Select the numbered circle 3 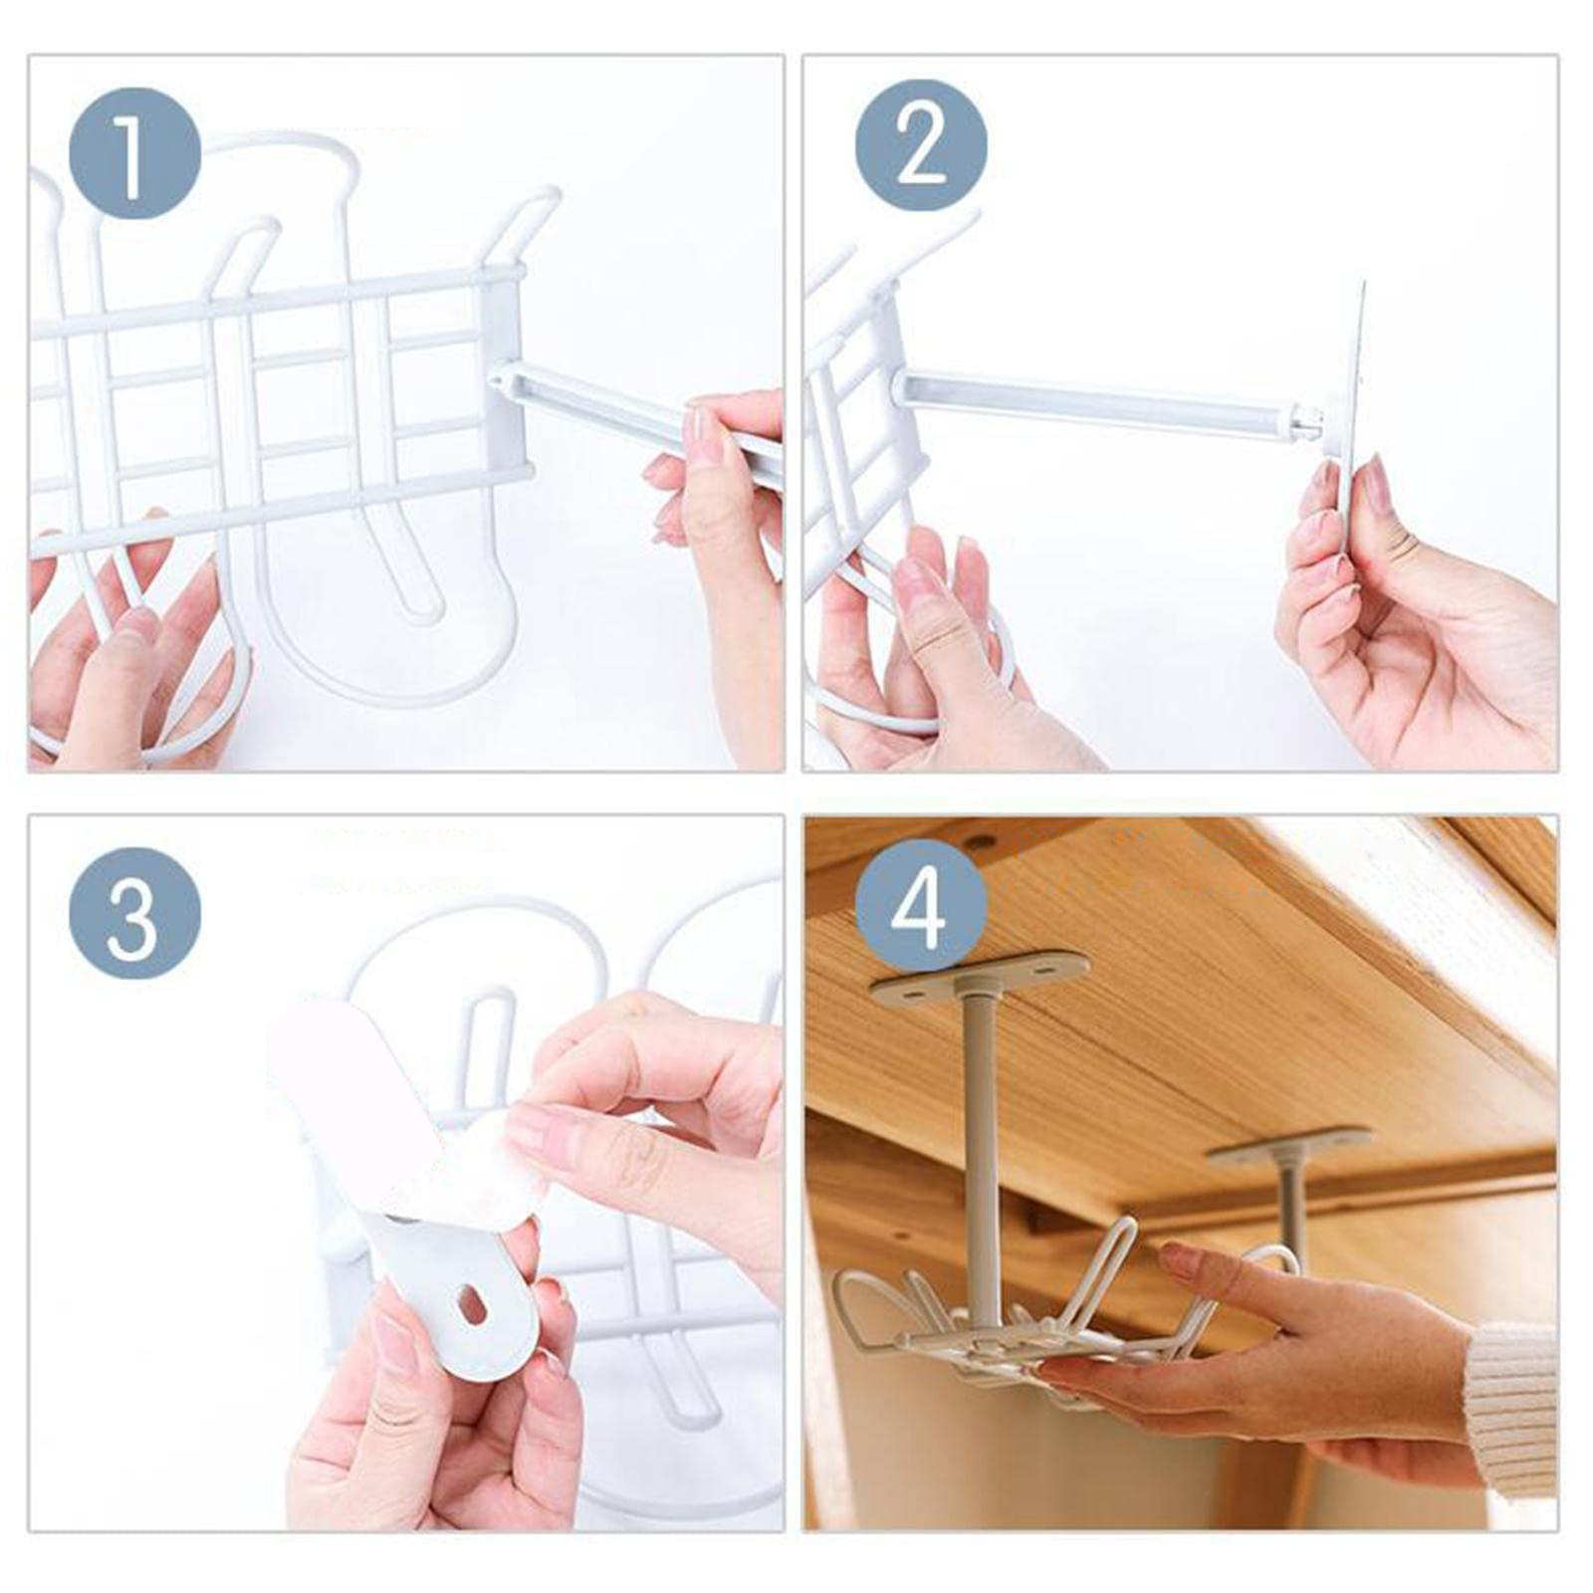[134, 913]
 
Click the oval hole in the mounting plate [472, 1304]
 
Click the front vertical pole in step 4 [982, 1145]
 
